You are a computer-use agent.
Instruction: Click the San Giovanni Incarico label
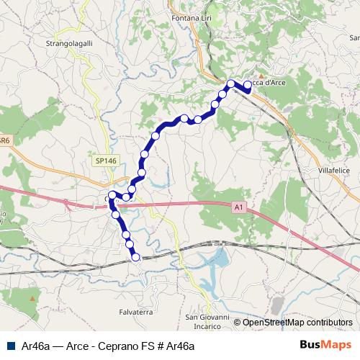[x=208, y=321]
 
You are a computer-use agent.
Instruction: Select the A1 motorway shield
[x=238, y=207]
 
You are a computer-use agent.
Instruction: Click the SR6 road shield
[x=4, y=142]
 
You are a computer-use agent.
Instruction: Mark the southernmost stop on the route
[x=135, y=257]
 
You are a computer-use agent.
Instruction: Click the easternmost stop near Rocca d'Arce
[x=248, y=85]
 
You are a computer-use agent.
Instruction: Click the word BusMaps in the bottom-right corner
[x=328, y=345]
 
